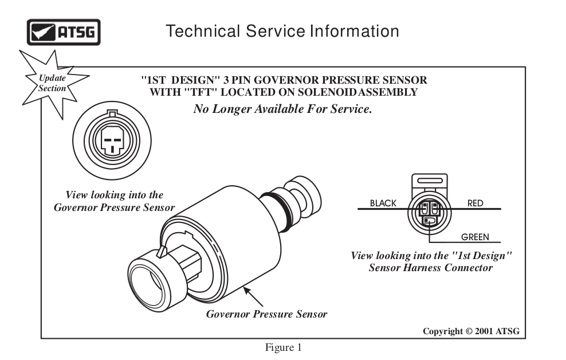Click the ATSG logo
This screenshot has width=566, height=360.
tap(64, 32)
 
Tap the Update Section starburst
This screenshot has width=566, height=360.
tap(52, 84)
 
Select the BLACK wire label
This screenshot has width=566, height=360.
tap(383, 203)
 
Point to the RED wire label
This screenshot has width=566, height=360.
tap(475, 203)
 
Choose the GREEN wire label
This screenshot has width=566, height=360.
tap(475, 236)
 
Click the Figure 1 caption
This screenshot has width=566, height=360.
tap(282, 347)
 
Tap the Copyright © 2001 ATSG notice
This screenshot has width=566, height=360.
tap(471, 331)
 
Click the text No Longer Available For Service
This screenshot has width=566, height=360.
tap(282, 109)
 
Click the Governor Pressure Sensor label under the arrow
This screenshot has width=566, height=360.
tap(266, 314)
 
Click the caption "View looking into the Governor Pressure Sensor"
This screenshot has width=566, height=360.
tap(114, 201)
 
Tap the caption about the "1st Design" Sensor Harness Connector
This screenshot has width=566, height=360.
tap(431, 261)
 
